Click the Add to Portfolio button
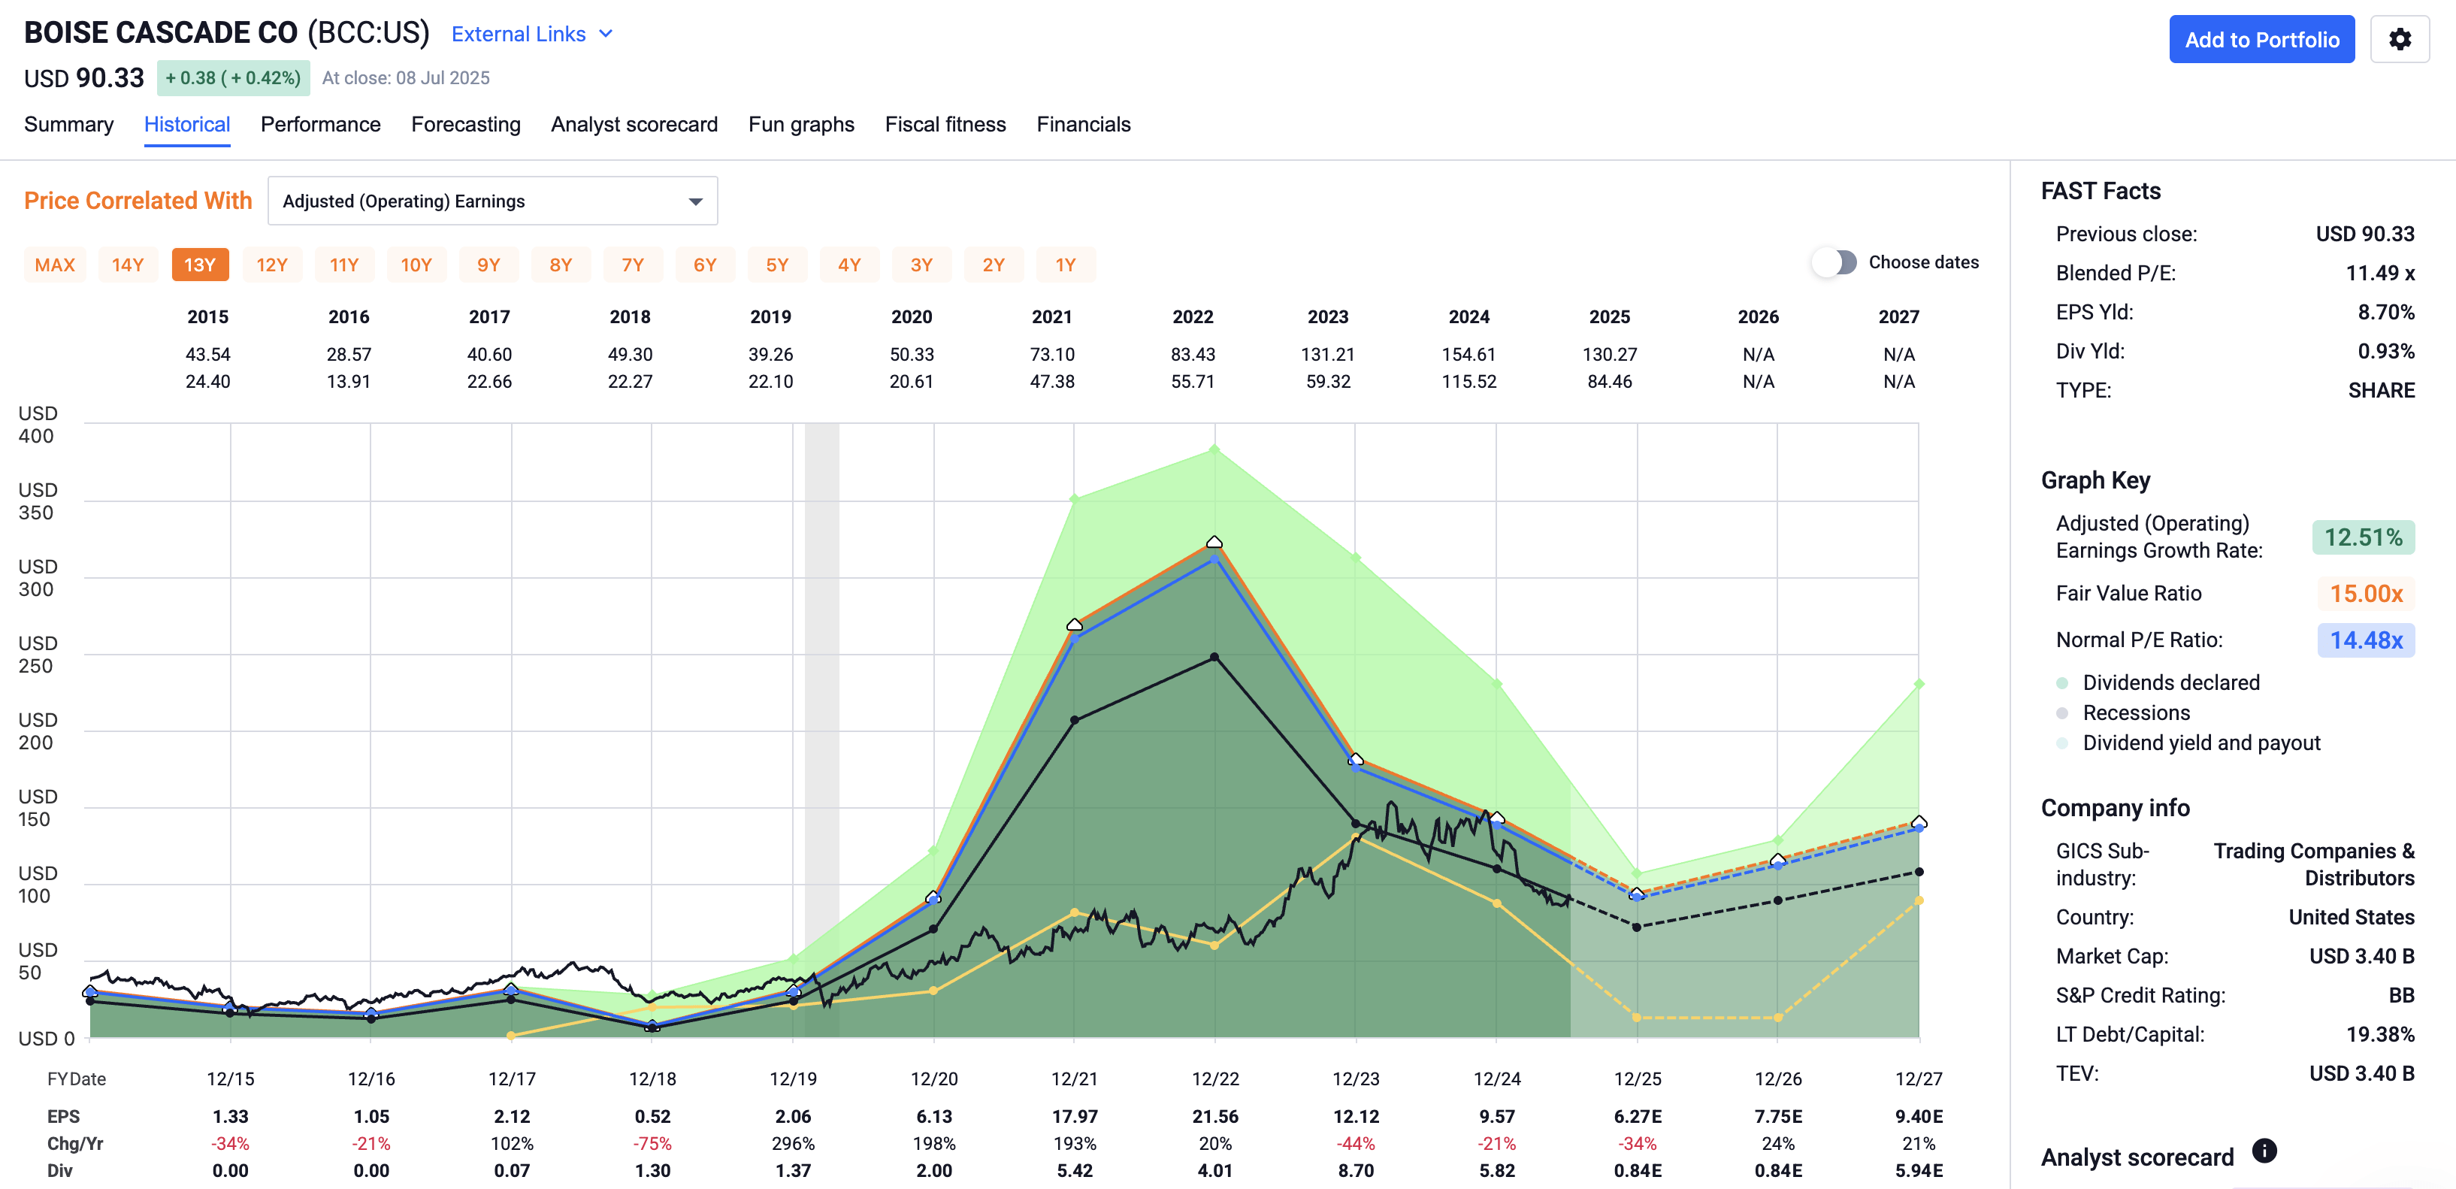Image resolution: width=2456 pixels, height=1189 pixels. (2261, 39)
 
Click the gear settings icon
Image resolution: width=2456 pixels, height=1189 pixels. (2399, 39)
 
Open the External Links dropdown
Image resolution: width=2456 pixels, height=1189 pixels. (531, 35)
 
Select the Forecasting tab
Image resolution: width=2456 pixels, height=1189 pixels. (465, 124)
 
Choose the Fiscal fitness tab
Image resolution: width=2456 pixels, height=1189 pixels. (944, 124)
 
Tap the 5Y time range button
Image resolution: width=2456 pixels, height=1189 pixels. (776, 265)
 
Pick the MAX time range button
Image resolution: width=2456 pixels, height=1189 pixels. (54, 265)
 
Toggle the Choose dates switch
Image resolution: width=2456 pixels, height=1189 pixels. (1834, 262)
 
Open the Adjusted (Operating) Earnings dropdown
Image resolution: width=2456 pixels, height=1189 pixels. (492, 201)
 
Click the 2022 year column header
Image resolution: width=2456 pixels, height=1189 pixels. (1192, 316)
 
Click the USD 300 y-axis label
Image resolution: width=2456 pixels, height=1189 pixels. (37, 578)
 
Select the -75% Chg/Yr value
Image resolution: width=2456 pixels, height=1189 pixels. (652, 1143)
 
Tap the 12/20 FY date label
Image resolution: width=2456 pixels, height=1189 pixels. (933, 1079)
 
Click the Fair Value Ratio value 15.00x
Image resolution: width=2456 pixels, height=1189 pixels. (2364, 594)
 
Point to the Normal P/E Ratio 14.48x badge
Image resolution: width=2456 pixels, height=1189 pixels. (2364, 640)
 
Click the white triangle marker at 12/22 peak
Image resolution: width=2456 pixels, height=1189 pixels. (1214, 542)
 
